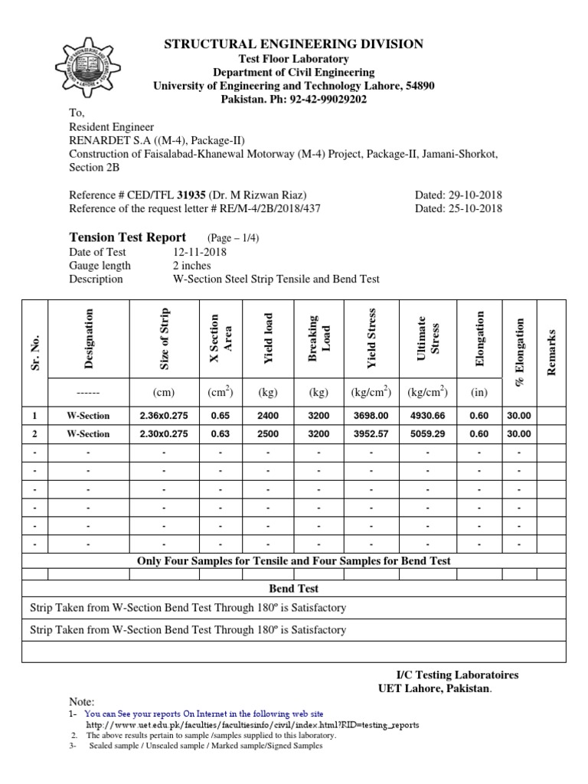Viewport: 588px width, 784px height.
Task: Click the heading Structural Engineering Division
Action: (x=294, y=44)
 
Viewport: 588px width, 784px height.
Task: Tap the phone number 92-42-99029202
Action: (x=321, y=100)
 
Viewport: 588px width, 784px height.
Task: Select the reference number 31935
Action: (x=192, y=195)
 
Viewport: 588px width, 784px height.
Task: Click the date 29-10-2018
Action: (x=475, y=195)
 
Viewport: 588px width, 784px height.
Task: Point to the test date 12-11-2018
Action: (x=199, y=252)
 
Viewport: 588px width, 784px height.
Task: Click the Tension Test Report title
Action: (x=128, y=237)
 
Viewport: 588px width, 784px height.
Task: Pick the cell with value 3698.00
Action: (x=371, y=416)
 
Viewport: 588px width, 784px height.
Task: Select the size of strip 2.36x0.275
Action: (x=164, y=416)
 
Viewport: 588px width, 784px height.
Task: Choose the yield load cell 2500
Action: (x=268, y=433)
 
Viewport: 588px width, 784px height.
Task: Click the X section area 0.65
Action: (x=220, y=416)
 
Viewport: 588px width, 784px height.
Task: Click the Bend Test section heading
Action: (x=294, y=589)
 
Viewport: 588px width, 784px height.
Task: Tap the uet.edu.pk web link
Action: (x=253, y=724)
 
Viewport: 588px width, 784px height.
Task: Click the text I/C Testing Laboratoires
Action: (x=456, y=675)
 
